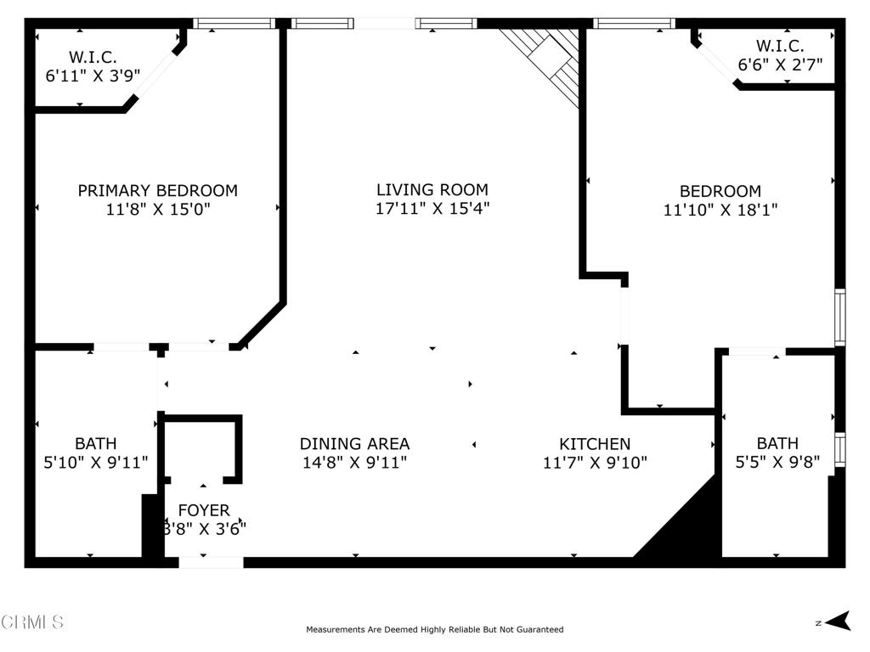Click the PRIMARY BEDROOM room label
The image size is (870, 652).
click(x=157, y=191)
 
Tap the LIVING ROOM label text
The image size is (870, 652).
click(x=432, y=189)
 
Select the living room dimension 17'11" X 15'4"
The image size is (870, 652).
click(x=432, y=209)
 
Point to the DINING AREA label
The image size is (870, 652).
click(x=354, y=443)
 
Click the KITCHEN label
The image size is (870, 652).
click(x=595, y=443)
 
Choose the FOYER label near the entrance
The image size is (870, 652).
click(x=204, y=510)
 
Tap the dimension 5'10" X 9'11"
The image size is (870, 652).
click(x=96, y=462)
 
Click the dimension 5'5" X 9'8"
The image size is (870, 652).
click(x=777, y=461)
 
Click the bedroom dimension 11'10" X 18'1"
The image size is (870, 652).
click(x=720, y=210)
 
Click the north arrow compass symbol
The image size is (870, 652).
click(x=838, y=621)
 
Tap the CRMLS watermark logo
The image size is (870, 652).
click(x=32, y=621)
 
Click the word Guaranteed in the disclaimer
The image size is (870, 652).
click(x=540, y=629)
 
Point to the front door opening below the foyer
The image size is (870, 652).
click(x=211, y=563)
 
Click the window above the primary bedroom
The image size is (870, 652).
click(x=234, y=23)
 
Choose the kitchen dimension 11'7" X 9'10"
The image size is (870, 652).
click(x=595, y=462)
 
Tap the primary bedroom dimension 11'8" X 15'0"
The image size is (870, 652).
click(x=158, y=209)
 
